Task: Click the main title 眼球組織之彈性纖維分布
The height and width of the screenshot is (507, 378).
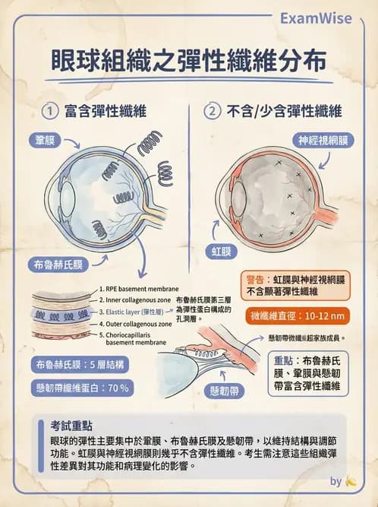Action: coord(189,61)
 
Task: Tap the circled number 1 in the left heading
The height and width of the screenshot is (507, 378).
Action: coord(50,112)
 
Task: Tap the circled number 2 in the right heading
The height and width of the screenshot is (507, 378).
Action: coord(212,112)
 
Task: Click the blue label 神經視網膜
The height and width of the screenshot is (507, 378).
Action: coord(326,141)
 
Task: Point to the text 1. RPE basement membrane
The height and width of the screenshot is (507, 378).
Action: coord(138,290)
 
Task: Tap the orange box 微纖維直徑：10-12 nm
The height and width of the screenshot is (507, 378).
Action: coord(297,315)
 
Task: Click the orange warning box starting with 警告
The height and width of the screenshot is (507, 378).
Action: coord(295,285)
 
